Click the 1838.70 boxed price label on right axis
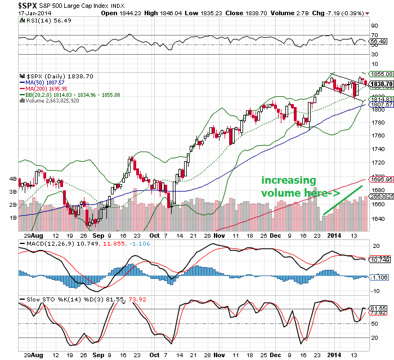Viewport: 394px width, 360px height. [380, 84]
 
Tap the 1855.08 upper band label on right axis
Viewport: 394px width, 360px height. [380, 74]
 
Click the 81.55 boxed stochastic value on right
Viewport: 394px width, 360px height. [378, 309]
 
